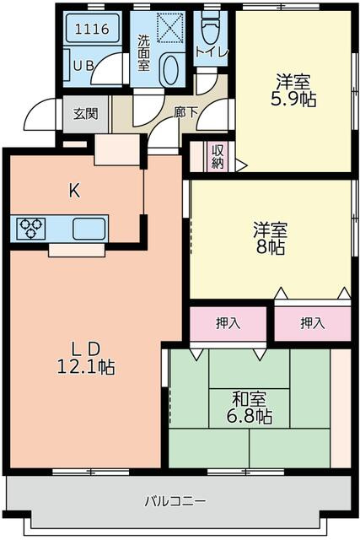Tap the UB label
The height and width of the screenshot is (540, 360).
tap(83, 66)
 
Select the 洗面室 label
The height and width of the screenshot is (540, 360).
tap(144, 51)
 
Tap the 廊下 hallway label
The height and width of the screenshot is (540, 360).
tap(186, 110)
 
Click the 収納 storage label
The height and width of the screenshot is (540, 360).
tap(217, 155)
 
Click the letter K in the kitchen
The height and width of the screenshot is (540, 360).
tap(74, 191)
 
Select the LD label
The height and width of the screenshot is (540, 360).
tap(84, 348)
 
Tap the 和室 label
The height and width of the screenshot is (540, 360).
tap(251, 397)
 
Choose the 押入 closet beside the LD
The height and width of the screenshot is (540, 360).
tap(228, 322)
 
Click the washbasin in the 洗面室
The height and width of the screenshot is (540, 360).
tap(169, 69)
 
